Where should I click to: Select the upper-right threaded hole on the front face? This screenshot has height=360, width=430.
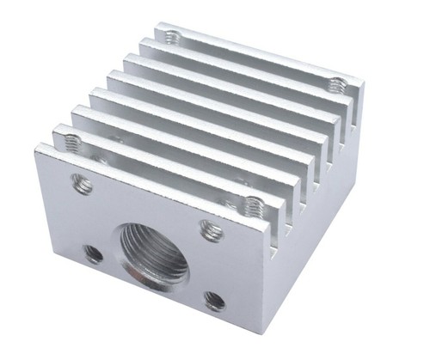click(x=211, y=229)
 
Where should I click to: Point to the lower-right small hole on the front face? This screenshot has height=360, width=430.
click(x=214, y=301)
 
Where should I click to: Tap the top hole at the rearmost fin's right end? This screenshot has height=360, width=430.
click(x=336, y=84)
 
